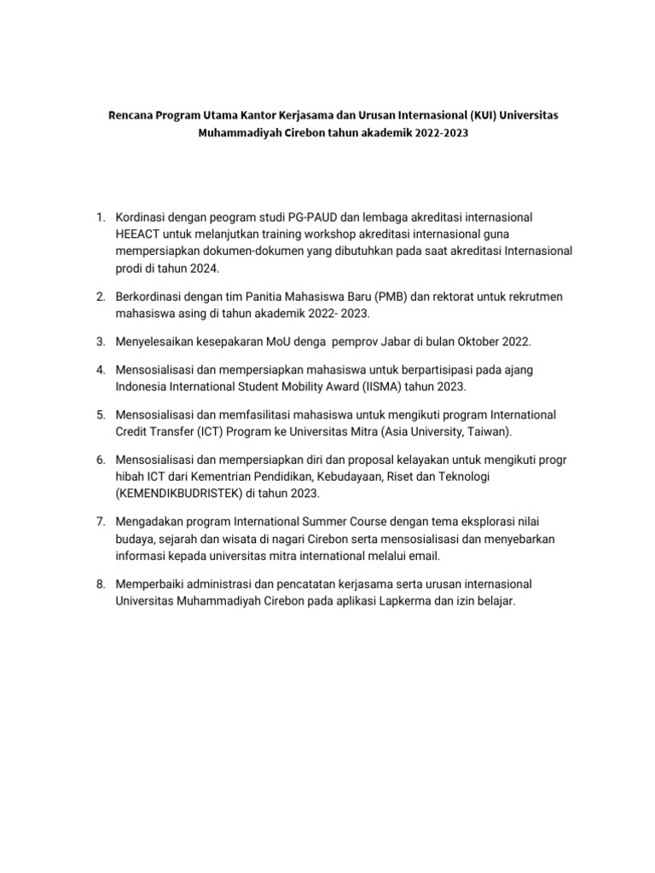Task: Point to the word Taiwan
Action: point(489,431)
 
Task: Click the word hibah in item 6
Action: point(130,477)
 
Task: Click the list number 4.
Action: point(99,369)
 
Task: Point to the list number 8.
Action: point(99,584)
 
